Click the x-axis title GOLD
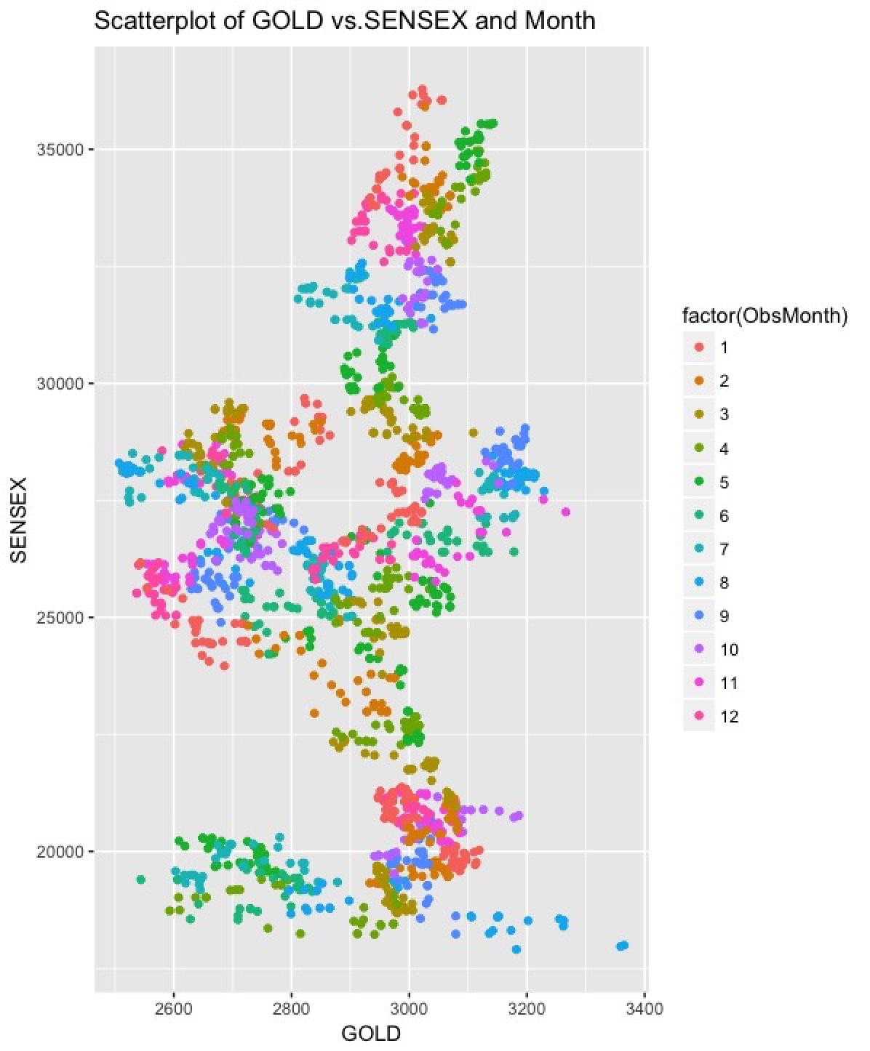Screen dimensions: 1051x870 click(x=370, y=1034)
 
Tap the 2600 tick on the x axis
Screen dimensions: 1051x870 click(x=174, y=1010)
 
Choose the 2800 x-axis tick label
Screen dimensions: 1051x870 click(x=292, y=1010)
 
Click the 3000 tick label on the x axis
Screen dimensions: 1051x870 click(x=409, y=1010)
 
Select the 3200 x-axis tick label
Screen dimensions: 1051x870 click(x=527, y=1010)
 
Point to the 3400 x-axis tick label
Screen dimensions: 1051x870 click(x=644, y=1010)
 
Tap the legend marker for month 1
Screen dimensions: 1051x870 click(x=700, y=348)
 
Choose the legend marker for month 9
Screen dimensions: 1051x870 click(x=700, y=616)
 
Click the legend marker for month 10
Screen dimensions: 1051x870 click(x=700, y=650)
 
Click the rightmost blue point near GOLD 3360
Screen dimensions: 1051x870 click(x=624, y=945)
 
